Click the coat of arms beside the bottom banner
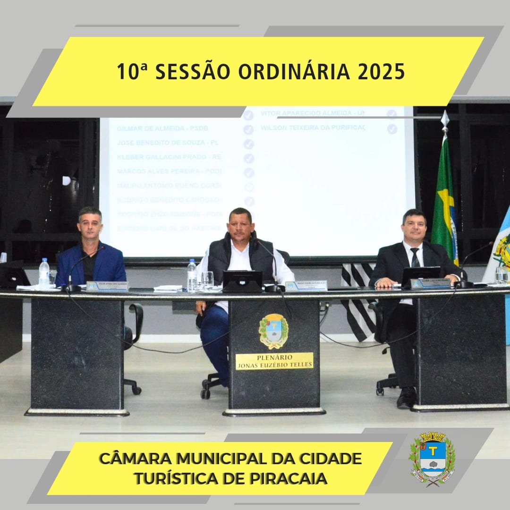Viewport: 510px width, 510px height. [432, 459]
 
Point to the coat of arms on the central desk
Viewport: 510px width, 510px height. [273, 331]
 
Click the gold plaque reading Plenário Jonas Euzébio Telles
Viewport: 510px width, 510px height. [274, 361]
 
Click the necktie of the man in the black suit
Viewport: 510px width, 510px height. [415, 258]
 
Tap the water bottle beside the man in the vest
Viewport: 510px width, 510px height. [192, 275]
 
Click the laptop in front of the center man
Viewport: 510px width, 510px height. [242, 281]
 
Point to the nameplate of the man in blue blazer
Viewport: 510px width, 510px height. [107, 286]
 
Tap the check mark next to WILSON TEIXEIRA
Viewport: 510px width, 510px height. [392, 129]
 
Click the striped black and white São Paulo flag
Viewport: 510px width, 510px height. [359, 302]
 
